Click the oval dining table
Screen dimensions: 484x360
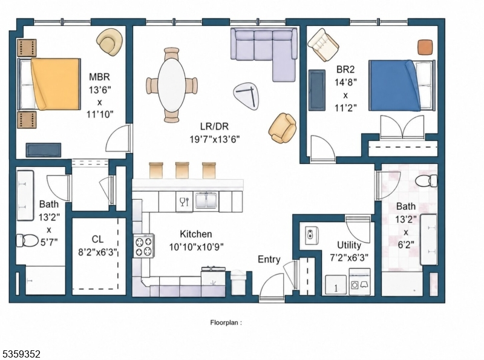click(172, 85)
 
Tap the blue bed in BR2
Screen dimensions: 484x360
click(402, 85)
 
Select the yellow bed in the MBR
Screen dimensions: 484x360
click(50, 84)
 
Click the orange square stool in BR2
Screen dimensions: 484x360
click(425, 47)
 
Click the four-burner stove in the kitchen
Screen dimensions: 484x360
click(144, 246)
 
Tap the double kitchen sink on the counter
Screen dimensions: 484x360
click(206, 201)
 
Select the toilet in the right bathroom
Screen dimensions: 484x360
click(427, 181)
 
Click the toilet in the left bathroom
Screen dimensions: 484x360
click(27, 241)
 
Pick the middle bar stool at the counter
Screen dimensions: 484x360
click(182, 170)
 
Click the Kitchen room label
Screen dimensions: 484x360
click(195, 234)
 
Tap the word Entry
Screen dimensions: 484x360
click(269, 260)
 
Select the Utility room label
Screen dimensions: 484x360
click(349, 245)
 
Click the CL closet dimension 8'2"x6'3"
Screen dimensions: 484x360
click(97, 252)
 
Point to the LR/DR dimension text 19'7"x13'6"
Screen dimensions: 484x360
click(215, 139)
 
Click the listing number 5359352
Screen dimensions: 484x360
click(22, 354)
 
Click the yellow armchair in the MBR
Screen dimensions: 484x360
click(110, 42)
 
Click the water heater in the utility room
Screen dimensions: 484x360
click(312, 235)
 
